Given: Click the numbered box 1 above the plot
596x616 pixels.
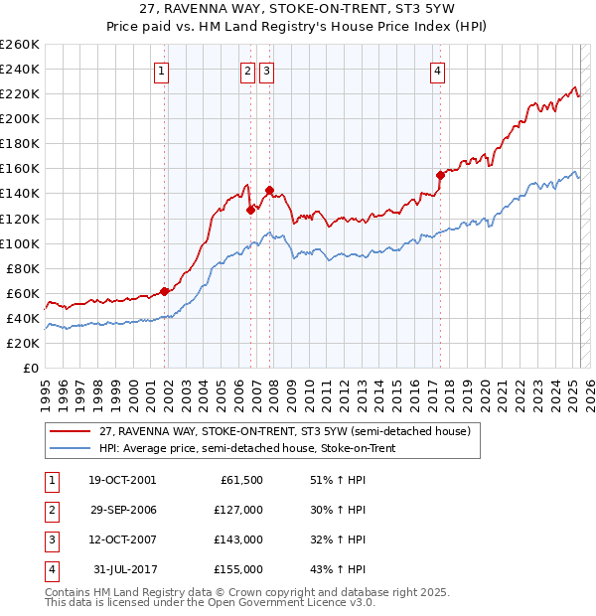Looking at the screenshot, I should tap(162, 70).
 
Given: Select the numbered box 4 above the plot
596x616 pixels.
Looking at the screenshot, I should tap(437, 70).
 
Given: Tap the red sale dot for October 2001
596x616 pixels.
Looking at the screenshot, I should tap(164, 291).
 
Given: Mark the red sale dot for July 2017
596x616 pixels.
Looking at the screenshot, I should tap(440, 174).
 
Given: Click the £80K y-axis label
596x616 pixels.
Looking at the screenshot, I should tap(22, 268).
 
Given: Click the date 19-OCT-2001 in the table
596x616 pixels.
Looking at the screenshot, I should tap(121, 480).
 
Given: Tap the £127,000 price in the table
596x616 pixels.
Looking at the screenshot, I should tap(239, 510).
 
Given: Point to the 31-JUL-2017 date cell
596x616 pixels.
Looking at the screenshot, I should tap(123, 569).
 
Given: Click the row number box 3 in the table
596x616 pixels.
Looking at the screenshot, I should tap(51, 539).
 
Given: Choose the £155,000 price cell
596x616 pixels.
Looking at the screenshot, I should tap(239, 569).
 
